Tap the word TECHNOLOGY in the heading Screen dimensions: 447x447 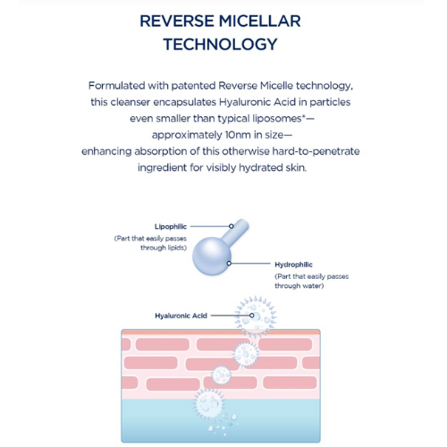coord(221,45)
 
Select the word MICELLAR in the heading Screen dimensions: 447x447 coord(260,21)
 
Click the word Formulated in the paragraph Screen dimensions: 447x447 coord(116,86)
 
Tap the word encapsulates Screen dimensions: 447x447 coord(184,102)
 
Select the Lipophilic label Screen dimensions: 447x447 coord(171,226)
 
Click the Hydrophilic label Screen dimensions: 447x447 coord(293,265)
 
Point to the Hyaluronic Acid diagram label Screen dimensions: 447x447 coord(181,316)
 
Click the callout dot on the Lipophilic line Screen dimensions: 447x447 coord(232,226)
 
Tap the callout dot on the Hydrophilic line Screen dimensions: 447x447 coord(229,264)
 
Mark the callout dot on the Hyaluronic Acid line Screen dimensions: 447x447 coord(252,316)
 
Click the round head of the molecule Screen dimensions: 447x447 coord(212,257)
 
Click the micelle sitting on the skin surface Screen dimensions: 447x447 coord(256,316)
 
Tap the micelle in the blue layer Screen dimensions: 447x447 coord(209,404)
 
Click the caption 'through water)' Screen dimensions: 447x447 coord(299,286)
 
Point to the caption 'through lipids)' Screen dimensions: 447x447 coord(164,248)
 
